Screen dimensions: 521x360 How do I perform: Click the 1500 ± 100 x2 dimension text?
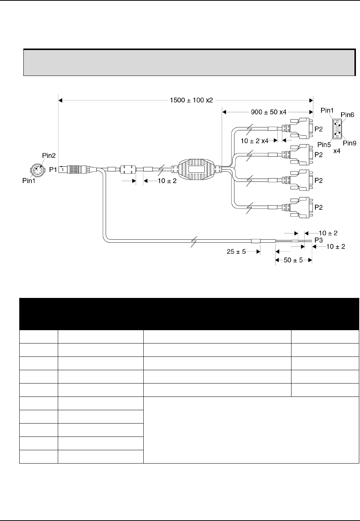coord(191,100)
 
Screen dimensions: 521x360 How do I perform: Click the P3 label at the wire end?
coord(319,240)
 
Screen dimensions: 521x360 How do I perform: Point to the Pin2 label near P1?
coord(49,156)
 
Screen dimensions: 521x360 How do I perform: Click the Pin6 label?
coord(347,115)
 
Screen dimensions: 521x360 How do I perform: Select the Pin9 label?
coord(350,143)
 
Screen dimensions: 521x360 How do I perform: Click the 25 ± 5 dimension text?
coord(236,252)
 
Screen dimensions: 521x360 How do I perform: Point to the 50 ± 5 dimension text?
coord(293,260)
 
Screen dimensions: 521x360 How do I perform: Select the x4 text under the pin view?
coord(337,151)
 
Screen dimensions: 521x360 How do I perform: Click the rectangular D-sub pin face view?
coord(337,129)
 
